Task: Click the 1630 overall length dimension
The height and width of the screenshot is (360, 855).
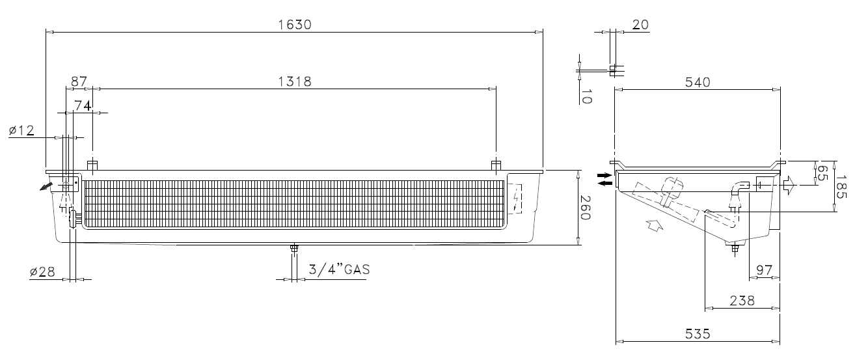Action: (295, 25)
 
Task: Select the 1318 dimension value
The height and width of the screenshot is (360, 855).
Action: (295, 81)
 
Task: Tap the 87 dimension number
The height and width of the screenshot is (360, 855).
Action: (79, 81)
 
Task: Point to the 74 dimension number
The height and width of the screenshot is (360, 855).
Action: (83, 105)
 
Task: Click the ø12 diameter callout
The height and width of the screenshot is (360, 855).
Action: (21, 131)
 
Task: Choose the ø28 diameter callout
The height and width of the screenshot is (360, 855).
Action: (42, 272)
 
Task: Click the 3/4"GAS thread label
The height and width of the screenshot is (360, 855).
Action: (339, 270)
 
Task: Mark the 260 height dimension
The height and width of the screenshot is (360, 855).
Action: (585, 208)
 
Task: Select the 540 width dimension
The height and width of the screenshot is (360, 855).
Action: (698, 83)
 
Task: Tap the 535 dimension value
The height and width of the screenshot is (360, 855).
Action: (698, 334)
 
